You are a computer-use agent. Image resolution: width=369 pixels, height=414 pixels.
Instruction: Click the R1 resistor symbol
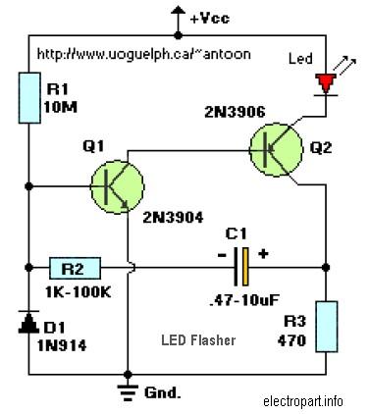pos(29,98)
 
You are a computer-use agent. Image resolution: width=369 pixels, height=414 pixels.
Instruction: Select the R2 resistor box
pos(75,268)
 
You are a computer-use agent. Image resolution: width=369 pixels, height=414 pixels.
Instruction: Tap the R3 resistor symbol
pos(326,327)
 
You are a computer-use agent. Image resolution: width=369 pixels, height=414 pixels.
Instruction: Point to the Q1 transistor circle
pos(117,186)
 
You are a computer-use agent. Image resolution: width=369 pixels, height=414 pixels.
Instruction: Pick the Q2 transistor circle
pos(276,149)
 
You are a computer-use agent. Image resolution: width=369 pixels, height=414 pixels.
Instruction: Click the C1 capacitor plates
pos(241,267)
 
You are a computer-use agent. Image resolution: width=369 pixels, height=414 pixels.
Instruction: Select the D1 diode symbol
pos(28,322)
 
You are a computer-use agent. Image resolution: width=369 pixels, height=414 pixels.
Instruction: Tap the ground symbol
pos(128,391)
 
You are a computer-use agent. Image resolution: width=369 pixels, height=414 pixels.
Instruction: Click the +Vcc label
pos(210,19)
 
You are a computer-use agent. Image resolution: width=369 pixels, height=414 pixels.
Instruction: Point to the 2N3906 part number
pos(235,112)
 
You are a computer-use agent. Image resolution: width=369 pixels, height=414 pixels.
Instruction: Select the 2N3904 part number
pos(173,217)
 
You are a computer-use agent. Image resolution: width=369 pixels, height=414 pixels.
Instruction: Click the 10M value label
pos(60,107)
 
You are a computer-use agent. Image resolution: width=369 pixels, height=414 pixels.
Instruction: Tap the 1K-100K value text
pos(78,292)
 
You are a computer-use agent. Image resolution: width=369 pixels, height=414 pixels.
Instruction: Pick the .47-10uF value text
pos(243,299)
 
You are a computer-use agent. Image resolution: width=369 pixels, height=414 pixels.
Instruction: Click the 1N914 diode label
pos(62,345)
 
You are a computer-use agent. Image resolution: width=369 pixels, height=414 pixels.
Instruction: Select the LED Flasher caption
pos(198,340)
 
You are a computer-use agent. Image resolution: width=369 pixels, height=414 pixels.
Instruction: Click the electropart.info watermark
pos(303,401)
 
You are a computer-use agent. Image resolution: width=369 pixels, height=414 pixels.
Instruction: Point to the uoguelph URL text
pos(144,54)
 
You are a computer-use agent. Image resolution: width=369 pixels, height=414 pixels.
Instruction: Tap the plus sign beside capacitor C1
pos(263,253)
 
